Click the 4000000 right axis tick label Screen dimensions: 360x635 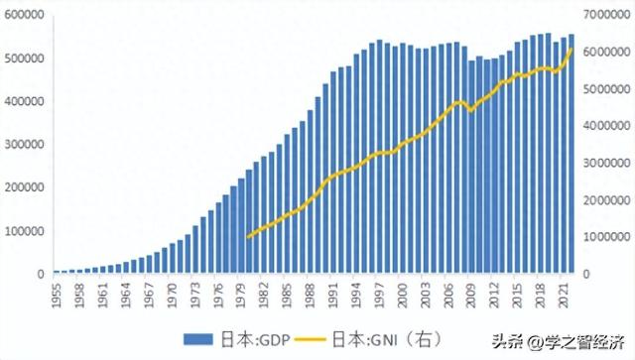point(608,126)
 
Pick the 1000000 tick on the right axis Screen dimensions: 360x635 point(608,237)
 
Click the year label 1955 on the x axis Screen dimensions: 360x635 point(57,296)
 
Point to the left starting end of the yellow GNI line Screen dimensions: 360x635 point(247,237)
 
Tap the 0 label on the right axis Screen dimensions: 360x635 point(587,275)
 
